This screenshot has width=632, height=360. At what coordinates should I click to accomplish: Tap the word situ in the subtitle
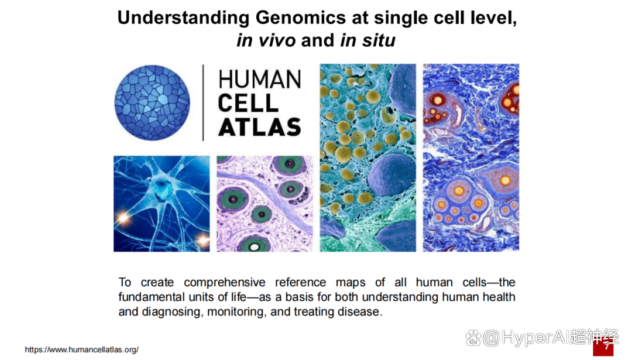click(379, 40)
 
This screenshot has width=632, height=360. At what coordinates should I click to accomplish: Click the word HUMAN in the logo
click(260, 79)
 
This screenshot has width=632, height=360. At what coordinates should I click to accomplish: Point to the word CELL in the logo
click(248, 103)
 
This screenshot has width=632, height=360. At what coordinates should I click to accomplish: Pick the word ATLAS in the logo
click(260, 128)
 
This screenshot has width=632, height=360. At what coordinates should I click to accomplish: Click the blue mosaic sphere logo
click(152, 103)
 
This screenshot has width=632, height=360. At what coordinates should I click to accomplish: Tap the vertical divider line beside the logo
click(203, 103)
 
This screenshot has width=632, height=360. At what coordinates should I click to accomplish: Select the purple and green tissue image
click(265, 204)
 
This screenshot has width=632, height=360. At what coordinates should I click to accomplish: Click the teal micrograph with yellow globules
click(368, 157)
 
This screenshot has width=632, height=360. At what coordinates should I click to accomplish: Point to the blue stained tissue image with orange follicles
click(471, 157)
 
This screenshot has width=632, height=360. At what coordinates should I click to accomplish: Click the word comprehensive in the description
click(225, 283)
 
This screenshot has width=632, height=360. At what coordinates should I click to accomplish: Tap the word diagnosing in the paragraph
click(173, 312)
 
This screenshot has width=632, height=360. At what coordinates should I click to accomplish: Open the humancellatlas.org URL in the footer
click(82, 350)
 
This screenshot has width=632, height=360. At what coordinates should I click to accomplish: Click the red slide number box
click(603, 347)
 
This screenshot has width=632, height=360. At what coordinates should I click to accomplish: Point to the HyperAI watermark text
click(542, 337)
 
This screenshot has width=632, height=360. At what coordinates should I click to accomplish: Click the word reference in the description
click(301, 282)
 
